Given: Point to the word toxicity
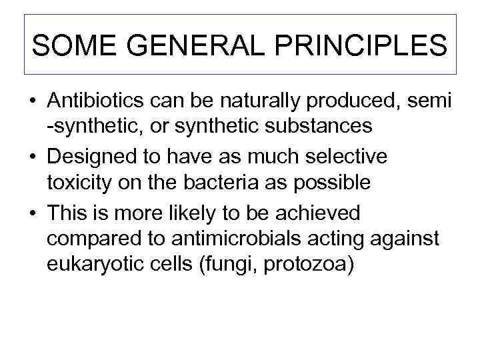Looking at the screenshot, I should point(79,181).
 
